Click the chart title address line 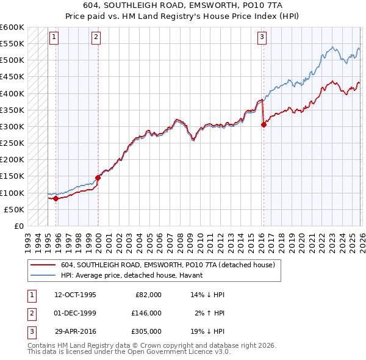pyautogui.click(x=182, y=5)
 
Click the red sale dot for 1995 pyautogui.click(x=56, y=198)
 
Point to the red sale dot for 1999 pyautogui.click(x=98, y=178)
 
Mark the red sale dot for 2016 pyautogui.click(x=264, y=125)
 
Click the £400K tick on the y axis pyautogui.click(x=12, y=93)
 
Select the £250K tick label pyautogui.click(x=12, y=143)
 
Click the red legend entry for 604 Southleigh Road pyautogui.click(x=168, y=265)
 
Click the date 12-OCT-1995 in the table pyautogui.click(x=75, y=295)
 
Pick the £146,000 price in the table pyautogui.click(x=146, y=313)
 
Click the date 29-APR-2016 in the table pyautogui.click(x=75, y=331)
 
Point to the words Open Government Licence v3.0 pyautogui.click(x=178, y=353)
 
